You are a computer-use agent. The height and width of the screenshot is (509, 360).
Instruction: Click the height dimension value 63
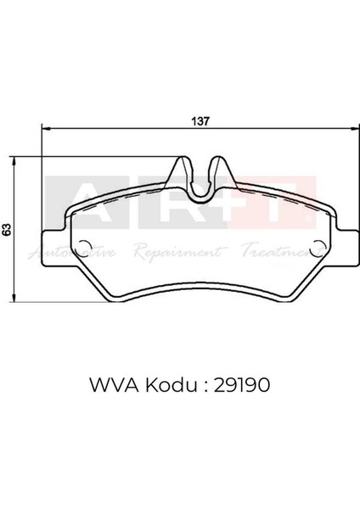tap(6, 229)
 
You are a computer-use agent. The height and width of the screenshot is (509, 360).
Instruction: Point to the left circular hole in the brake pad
tap(83, 249)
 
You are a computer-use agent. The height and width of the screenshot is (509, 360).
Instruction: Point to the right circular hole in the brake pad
tap(318, 249)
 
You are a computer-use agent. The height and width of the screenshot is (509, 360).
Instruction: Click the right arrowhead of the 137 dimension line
tap(354, 129)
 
